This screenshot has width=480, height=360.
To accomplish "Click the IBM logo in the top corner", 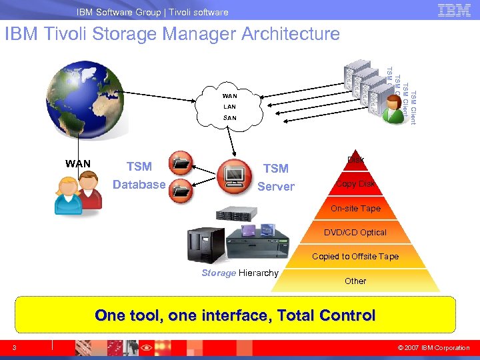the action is [x=454, y=11].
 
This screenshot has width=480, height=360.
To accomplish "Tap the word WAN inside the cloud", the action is [x=229, y=96].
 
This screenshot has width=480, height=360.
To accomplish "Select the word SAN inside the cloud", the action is [x=229, y=117].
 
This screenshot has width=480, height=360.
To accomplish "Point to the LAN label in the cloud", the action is [x=229, y=107].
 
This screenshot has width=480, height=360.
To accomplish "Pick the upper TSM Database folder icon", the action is [x=181, y=163].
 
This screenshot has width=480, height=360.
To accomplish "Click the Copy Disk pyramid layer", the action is [x=355, y=184].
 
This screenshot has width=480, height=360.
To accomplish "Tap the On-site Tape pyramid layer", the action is [x=355, y=209].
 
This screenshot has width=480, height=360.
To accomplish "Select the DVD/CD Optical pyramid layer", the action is [x=355, y=233].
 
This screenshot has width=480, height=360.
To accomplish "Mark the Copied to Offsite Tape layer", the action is [x=355, y=257].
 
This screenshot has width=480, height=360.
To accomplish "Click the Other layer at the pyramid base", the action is [x=355, y=281].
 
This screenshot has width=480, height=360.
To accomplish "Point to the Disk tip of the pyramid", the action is [x=355, y=160].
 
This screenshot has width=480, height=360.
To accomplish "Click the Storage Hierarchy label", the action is [x=239, y=273].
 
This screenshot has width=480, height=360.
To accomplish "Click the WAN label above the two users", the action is [x=78, y=163].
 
